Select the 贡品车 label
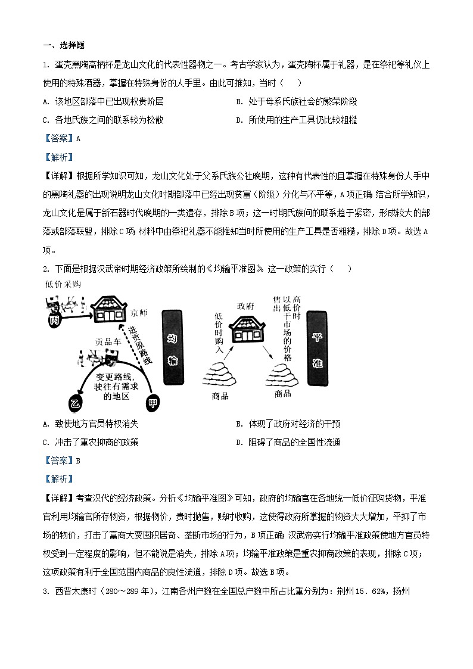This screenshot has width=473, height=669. pyautogui.click(x=108, y=342)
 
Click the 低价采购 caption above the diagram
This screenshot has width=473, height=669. pyautogui.click(x=62, y=285)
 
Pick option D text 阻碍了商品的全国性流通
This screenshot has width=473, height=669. pyautogui.click(x=295, y=442)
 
